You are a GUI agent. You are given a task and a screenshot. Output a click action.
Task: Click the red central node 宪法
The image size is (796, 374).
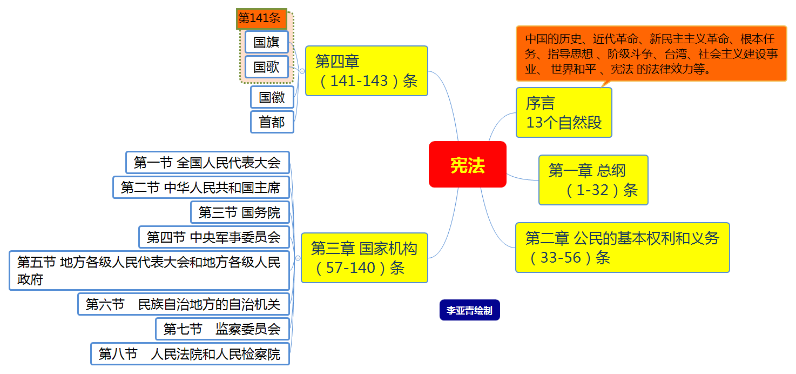[468, 164]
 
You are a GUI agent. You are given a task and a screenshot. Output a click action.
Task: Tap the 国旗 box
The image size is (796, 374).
[267, 42]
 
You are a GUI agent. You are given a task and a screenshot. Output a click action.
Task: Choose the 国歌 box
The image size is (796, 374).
[267, 66]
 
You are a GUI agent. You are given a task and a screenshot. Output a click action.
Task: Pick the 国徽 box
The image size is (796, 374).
[272, 97]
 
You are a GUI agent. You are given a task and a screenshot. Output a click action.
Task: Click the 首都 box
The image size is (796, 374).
[272, 122]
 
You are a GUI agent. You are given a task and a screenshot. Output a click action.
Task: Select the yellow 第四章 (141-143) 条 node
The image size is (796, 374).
[366, 71]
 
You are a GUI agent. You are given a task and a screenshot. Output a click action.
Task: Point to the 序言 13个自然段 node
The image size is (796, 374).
[564, 112]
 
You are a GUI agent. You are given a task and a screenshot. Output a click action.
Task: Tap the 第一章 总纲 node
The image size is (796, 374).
[593, 180]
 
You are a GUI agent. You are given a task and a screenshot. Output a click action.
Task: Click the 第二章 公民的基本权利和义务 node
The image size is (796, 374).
[622, 248]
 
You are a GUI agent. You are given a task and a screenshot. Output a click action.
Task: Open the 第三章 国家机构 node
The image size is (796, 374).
[364, 257]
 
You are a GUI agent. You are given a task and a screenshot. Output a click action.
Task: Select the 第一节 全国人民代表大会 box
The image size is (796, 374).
[207, 162]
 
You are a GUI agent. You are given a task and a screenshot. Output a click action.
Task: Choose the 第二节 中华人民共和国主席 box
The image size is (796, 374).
[201, 188]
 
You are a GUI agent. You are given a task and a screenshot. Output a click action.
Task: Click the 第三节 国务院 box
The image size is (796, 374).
[240, 212]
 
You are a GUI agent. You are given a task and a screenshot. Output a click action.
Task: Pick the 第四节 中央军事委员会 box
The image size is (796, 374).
[214, 237]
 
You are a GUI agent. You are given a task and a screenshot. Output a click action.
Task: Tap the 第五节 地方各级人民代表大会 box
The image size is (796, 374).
[149, 270]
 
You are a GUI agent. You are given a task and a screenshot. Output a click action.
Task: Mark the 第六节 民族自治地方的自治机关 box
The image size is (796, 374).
[184, 304]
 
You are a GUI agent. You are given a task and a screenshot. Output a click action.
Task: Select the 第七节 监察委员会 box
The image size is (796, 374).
[222, 329]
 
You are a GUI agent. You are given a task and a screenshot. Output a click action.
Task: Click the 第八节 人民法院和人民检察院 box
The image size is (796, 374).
[190, 354]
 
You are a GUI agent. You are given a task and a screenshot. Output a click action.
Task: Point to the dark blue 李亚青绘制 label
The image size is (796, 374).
[469, 311]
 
